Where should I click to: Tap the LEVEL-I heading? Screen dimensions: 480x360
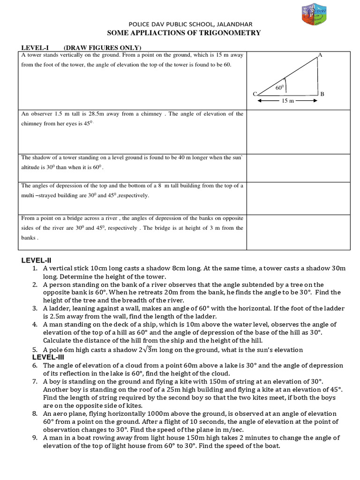35,48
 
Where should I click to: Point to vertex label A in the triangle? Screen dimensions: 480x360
320,55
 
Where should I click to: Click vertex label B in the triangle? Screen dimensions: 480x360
322,94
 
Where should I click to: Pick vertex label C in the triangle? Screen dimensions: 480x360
255,94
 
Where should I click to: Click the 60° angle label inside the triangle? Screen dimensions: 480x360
280,88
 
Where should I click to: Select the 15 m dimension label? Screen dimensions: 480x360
288,101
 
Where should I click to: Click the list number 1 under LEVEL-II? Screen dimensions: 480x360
35,269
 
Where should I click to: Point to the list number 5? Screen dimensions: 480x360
35,350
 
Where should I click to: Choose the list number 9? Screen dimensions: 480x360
35,438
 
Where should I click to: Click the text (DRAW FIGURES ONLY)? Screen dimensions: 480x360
103,48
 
